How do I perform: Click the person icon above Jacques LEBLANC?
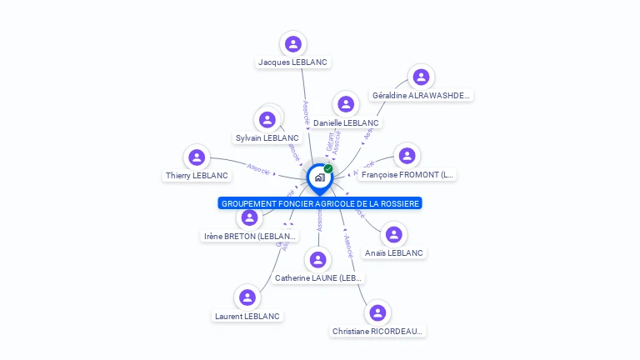point(292,43)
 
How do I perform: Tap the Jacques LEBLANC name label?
point(292,62)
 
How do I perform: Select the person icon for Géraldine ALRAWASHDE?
point(421,77)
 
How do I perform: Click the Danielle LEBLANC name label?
point(346,123)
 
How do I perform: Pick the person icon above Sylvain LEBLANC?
point(267,119)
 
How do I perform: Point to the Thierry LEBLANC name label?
point(197,176)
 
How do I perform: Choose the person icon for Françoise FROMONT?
point(407,156)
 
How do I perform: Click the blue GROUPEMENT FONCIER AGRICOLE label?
point(320,203)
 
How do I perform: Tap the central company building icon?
point(319,177)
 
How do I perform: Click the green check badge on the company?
point(328,169)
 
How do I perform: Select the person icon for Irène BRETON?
point(250,217)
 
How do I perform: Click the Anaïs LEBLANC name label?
point(394,253)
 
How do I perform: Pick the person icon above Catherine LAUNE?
point(317,259)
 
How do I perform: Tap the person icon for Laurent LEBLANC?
point(247,297)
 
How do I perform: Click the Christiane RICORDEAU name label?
point(377,332)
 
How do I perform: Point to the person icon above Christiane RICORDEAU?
point(377,312)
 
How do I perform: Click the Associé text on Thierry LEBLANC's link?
point(258,168)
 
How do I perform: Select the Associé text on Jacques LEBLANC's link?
point(306,112)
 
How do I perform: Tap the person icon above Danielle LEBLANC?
point(346,104)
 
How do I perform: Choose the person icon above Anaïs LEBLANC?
point(394,234)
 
